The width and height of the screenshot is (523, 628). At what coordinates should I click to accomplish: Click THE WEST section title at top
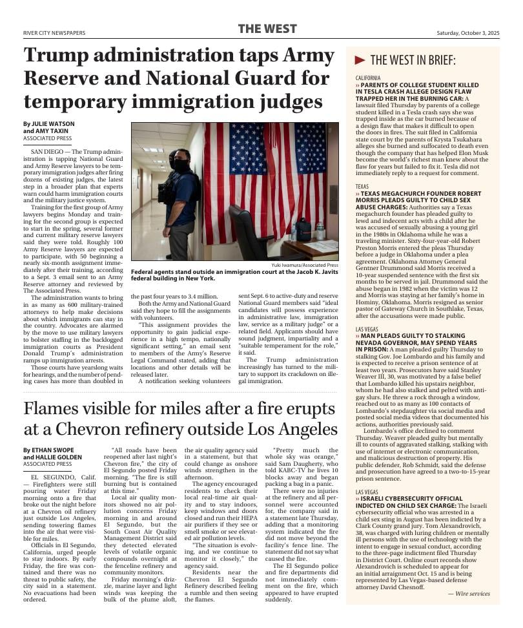tap(267, 29)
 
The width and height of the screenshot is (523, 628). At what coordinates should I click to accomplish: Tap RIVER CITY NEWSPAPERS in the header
tap(54, 32)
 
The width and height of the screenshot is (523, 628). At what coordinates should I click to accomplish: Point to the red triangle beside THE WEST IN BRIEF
tap(360, 60)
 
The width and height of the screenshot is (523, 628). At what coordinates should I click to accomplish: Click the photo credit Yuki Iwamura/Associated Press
tap(304, 265)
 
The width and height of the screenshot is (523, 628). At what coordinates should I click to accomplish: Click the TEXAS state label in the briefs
tap(362, 186)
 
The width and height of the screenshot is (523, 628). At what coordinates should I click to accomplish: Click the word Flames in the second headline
tap(51, 409)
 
